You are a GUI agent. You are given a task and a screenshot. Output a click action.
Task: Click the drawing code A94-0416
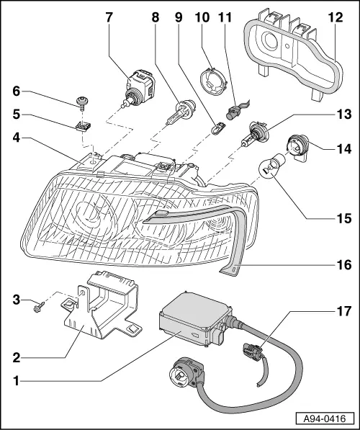(326, 418)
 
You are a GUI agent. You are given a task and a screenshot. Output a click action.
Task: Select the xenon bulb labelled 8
(177, 115)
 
